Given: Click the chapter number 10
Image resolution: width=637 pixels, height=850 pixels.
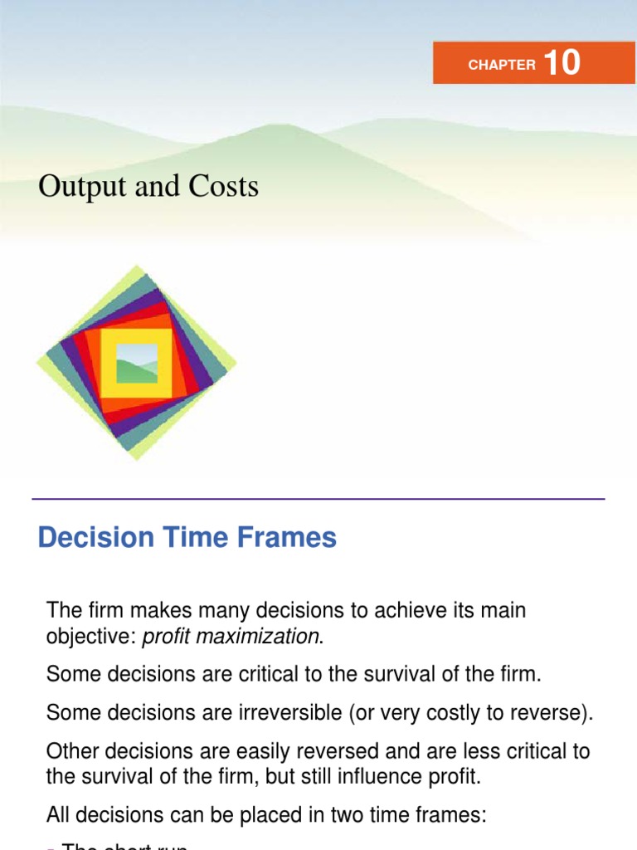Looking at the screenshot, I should [x=562, y=63].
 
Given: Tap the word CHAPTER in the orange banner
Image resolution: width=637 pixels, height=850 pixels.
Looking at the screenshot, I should [x=502, y=65].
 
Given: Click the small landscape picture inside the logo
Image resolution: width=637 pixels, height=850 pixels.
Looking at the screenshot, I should [x=137, y=363].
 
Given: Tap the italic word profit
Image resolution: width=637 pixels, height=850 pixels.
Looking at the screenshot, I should [x=169, y=637].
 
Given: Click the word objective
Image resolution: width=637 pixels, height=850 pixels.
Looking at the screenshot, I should [x=90, y=637].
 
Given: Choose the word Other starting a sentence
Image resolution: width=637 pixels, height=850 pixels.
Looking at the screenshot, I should [x=71, y=752].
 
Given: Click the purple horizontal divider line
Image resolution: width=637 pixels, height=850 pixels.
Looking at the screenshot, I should [x=318, y=499].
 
